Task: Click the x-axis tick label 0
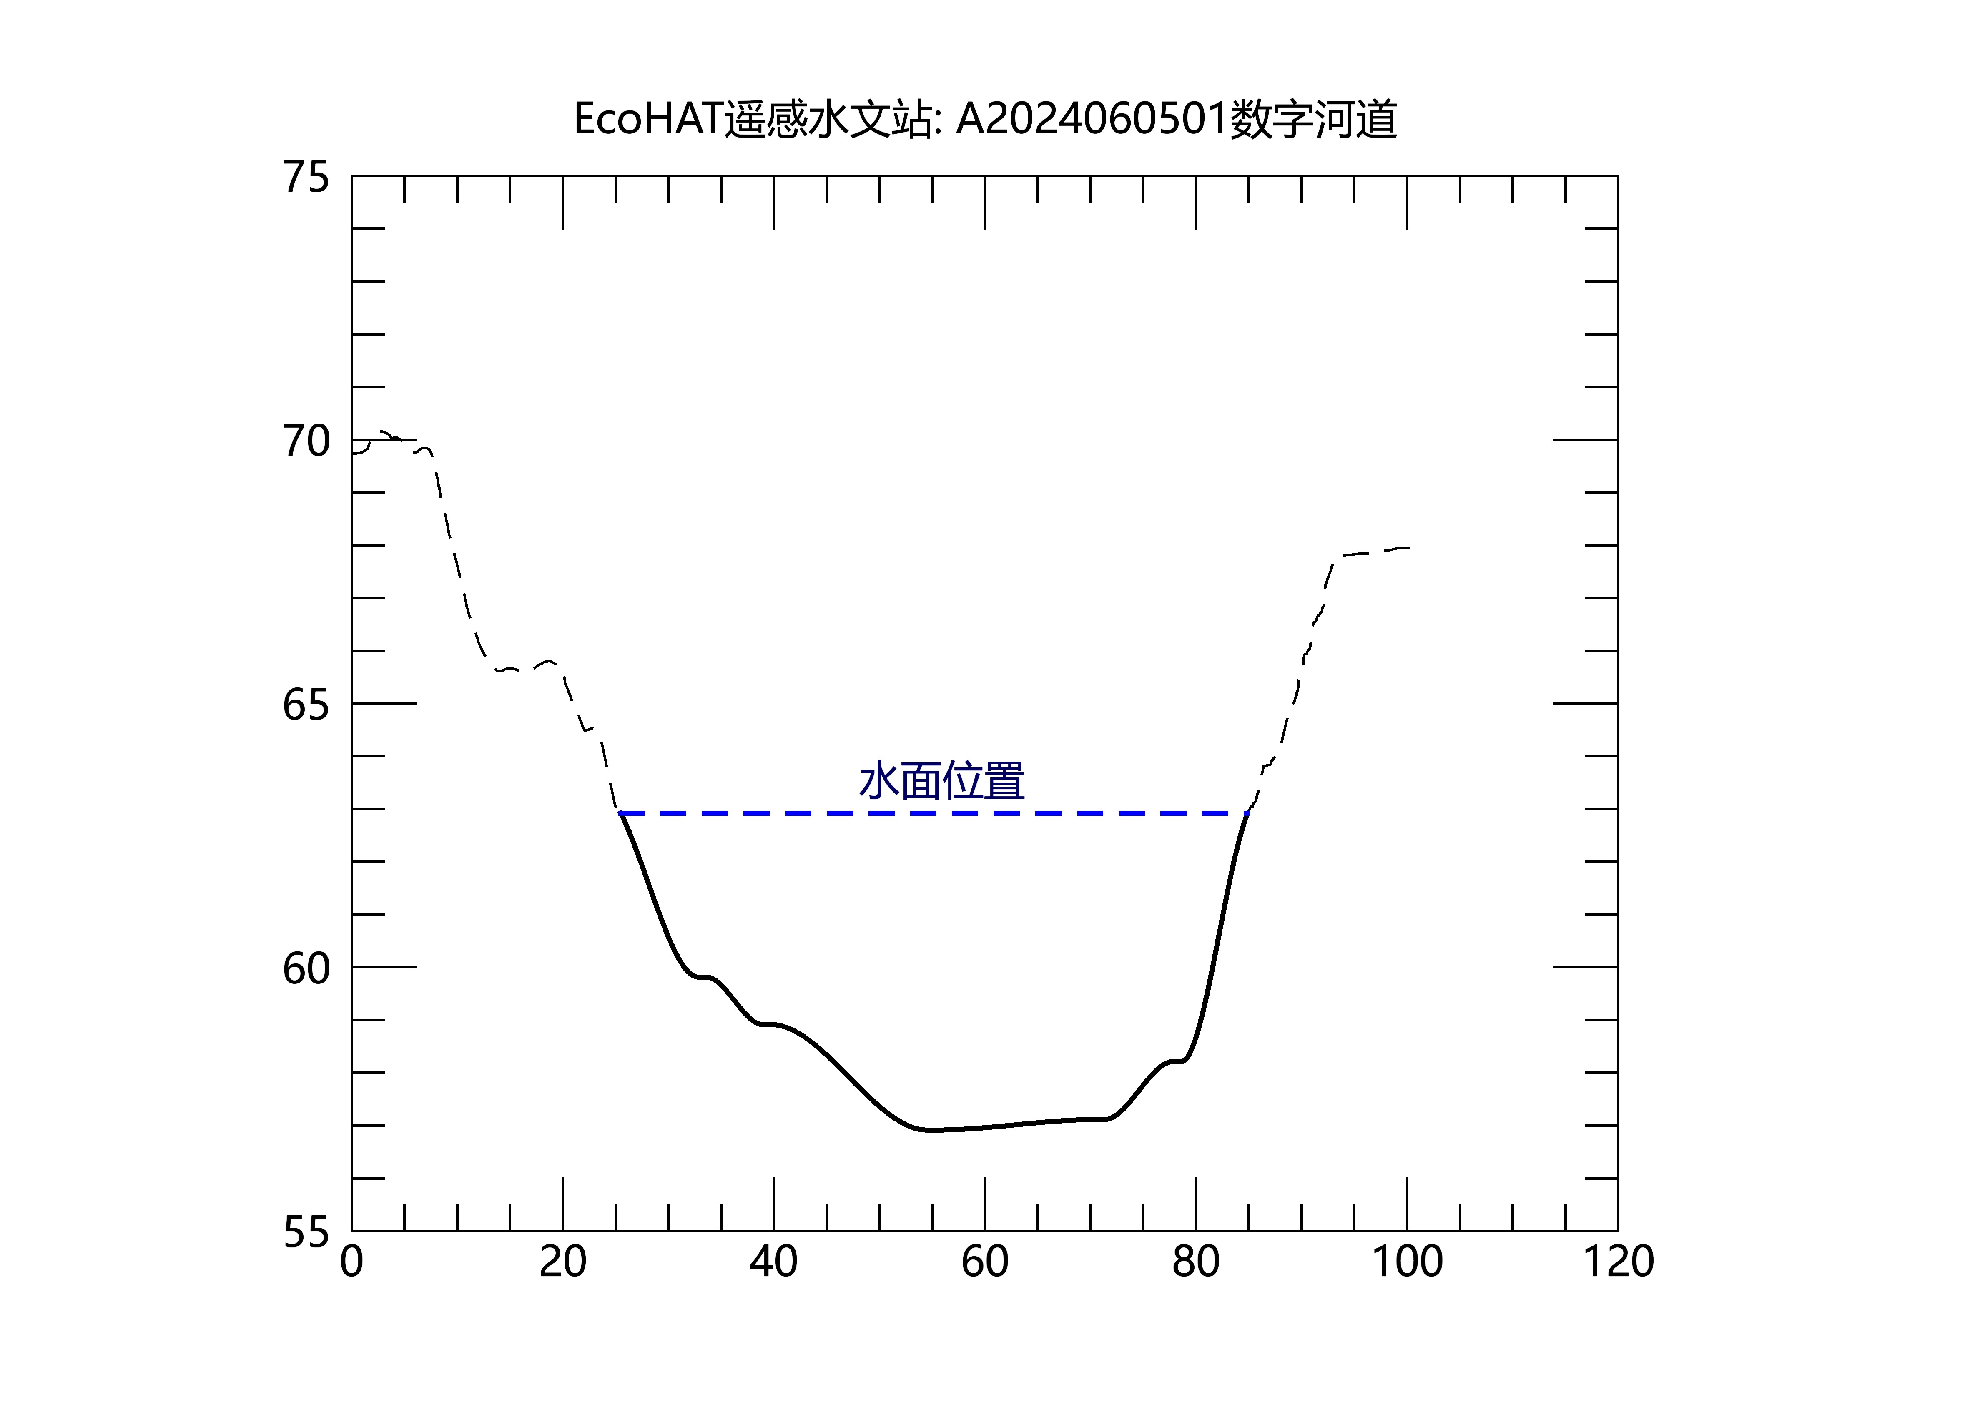point(352,1262)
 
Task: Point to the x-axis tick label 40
point(774,1262)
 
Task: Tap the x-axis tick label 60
point(985,1262)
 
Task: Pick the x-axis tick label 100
point(1407,1262)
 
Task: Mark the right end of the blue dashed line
point(1247,813)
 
